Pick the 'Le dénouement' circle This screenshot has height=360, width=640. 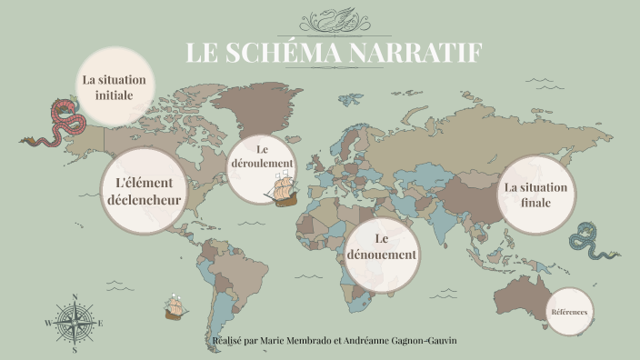[x=381, y=247]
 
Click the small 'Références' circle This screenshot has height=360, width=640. [x=569, y=312]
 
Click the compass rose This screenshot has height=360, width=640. [x=74, y=322]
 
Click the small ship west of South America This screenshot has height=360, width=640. [x=175, y=309]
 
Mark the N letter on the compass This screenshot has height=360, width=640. [x=74, y=295]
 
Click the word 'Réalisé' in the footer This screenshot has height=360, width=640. [x=227, y=340]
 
